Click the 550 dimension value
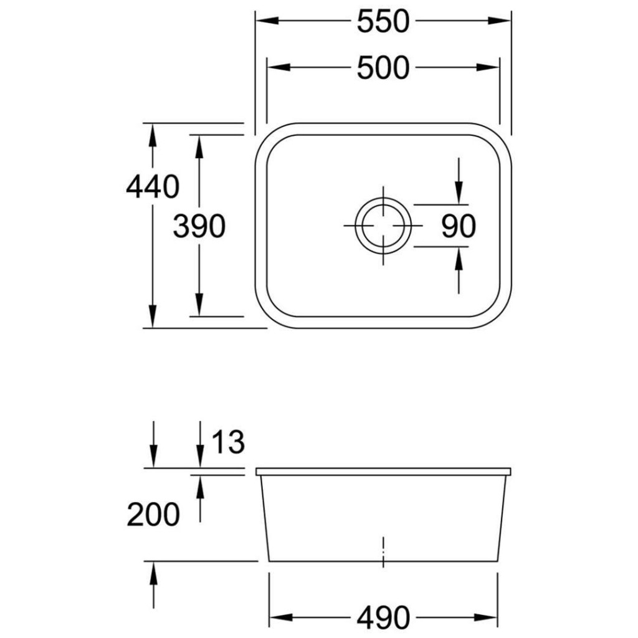[x=383, y=22]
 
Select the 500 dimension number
[x=383, y=67]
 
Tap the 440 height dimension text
[x=153, y=187]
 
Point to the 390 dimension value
[x=199, y=226]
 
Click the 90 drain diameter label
[x=459, y=226]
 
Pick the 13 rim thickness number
[x=228, y=442]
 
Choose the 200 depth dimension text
[x=153, y=515]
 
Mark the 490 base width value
[x=383, y=617]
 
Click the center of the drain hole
[x=383, y=226]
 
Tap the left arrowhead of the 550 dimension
[x=267, y=21]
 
